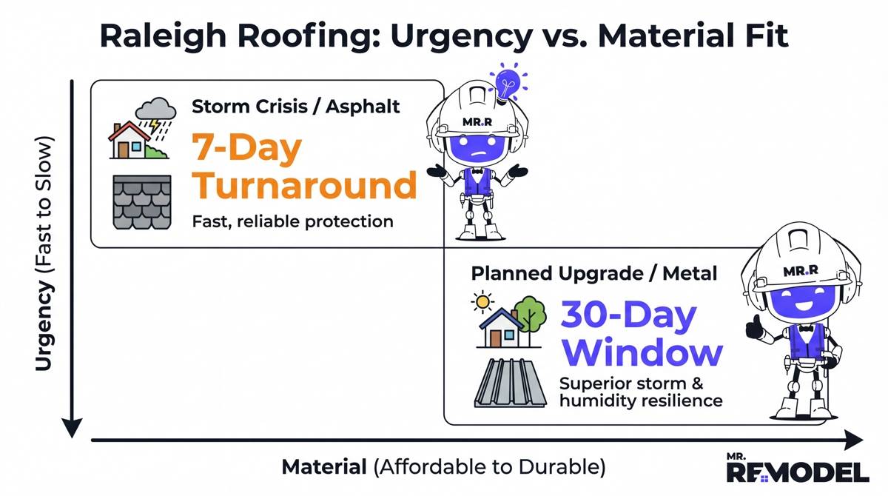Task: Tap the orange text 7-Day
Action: pos(247,149)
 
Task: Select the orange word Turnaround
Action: pos(304,185)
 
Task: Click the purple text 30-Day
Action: pos(628,316)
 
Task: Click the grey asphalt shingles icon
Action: pos(141,201)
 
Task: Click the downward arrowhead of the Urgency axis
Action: pos(72,427)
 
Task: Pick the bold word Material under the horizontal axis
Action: pos(325,468)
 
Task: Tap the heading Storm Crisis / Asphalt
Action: pos(296,107)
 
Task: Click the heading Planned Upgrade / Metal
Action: pos(594,273)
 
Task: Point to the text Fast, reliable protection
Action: pos(292,221)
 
